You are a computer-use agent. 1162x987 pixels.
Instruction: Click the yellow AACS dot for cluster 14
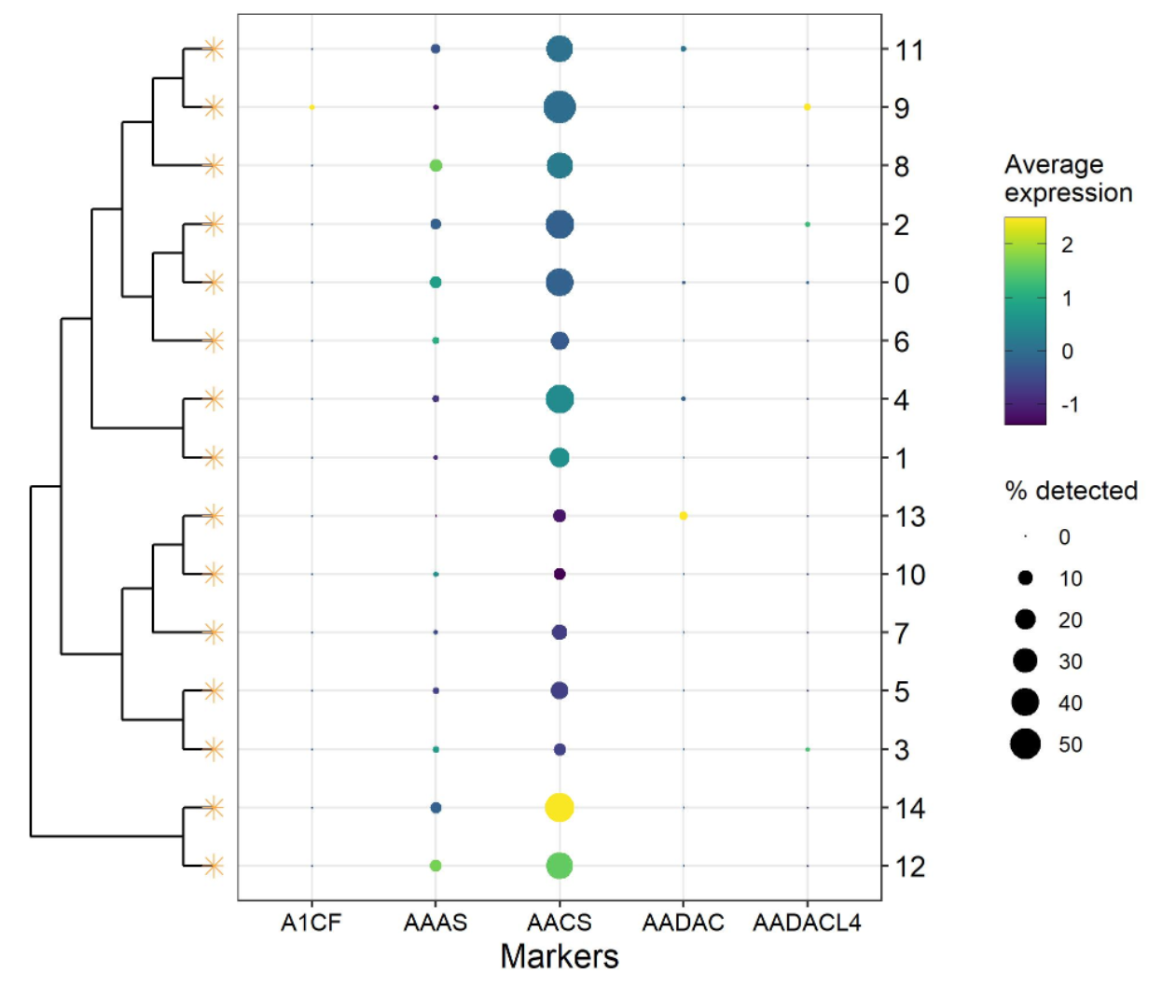tap(559, 807)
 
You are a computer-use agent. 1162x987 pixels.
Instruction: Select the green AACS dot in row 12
tap(559, 866)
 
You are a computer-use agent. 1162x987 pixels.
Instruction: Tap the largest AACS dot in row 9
tap(560, 107)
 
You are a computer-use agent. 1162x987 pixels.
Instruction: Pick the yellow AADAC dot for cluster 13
tap(684, 516)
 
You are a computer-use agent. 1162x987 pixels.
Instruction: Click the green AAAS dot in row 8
tap(436, 166)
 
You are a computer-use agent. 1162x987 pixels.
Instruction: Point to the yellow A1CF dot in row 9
tap(311, 107)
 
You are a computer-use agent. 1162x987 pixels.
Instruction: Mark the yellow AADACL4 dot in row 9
tap(808, 107)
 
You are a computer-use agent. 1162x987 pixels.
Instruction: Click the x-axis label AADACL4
tap(807, 923)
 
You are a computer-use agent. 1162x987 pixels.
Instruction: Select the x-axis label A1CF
tap(311, 923)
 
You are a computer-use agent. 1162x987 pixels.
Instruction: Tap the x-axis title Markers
tap(559, 956)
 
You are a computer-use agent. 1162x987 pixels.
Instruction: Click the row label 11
tap(909, 49)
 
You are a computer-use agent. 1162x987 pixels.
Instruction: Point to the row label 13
tap(910, 516)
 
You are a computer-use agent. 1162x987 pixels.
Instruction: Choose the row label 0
tap(902, 283)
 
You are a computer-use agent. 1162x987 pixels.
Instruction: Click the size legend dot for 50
tap(1025, 744)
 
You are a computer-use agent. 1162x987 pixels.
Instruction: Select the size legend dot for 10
tap(1025, 578)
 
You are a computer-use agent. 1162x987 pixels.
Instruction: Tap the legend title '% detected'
tap(1071, 491)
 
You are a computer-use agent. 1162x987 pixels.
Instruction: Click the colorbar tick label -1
tap(1070, 405)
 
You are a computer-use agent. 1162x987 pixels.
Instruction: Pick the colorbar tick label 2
tap(1067, 244)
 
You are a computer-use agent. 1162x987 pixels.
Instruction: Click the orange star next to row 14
tap(214, 807)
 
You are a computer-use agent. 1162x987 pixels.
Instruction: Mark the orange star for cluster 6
tap(214, 341)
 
